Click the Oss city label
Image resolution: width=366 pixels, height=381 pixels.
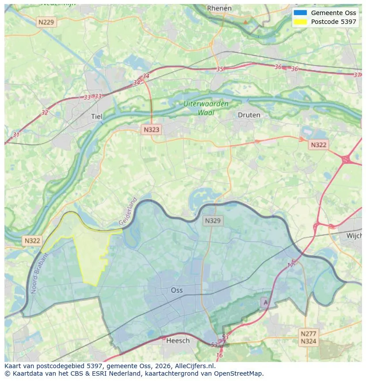click(176, 290)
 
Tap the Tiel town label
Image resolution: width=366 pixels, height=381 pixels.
click(96, 116)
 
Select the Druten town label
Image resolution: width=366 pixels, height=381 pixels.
click(249, 115)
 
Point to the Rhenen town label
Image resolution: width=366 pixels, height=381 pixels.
click(219, 8)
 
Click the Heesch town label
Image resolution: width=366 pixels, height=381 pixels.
click(178, 340)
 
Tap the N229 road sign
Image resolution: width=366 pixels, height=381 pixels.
click(47, 22)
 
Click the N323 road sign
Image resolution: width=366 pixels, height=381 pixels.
click(151, 130)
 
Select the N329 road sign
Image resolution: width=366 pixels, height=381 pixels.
click(213, 220)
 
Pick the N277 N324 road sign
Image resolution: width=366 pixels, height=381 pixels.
click(308, 337)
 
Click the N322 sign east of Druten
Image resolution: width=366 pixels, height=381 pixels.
click(318, 145)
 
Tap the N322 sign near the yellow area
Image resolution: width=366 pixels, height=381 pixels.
click(32, 241)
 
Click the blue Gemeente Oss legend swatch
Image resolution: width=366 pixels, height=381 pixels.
click(300, 13)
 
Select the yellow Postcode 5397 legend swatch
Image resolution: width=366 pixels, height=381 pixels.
click(300, 22)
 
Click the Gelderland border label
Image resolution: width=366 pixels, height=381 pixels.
click(128, 211)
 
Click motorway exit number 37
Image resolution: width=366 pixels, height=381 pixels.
click(357, 75)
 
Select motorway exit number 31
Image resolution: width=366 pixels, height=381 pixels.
click(16, 135)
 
